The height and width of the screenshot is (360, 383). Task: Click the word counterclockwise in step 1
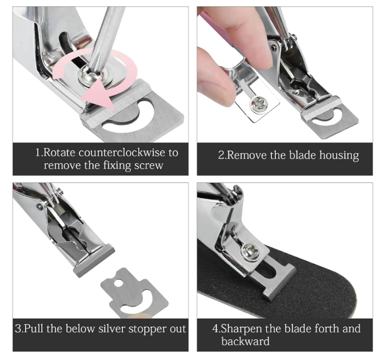[122, 153]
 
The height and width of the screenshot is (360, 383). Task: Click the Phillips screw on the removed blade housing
[258, 104]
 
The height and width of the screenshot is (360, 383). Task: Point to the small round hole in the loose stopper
[118, 283]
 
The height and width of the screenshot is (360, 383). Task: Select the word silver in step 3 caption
[112, 328]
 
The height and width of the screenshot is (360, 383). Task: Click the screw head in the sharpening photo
[250, 252]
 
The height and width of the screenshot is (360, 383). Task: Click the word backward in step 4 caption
[245, 341]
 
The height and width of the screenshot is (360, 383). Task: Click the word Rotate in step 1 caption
[59, 153]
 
